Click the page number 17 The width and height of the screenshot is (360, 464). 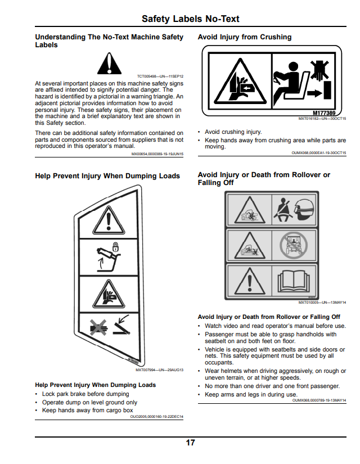coord(190,443)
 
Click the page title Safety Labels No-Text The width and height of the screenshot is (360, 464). coord(190,19)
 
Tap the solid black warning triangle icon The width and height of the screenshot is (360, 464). coord(109,64)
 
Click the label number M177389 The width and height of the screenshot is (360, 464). coord(324,112)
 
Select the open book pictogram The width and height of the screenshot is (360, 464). coord(294,281)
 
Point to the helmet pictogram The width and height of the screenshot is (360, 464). coord(304,209)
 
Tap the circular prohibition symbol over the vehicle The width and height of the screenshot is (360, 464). coord(294,245)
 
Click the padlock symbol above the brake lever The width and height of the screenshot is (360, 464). coord(115,247)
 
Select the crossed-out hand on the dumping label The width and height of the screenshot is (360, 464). coord(98,327)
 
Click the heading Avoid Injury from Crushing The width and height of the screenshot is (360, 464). coord(245,37)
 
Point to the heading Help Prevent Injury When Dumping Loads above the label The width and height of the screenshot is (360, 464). coord(107,176)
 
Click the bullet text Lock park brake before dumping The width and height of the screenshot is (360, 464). coord(85,394)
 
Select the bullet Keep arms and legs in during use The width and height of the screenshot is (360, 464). coord(251,394)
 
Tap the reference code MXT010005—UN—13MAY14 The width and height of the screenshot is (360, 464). coord(322,303)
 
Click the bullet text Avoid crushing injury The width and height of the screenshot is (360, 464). coord(233,132)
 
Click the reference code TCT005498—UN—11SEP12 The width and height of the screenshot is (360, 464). coord(160,76)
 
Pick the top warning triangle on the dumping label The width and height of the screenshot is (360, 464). coord(109,220)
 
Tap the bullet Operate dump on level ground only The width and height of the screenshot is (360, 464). coord(89,403)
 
